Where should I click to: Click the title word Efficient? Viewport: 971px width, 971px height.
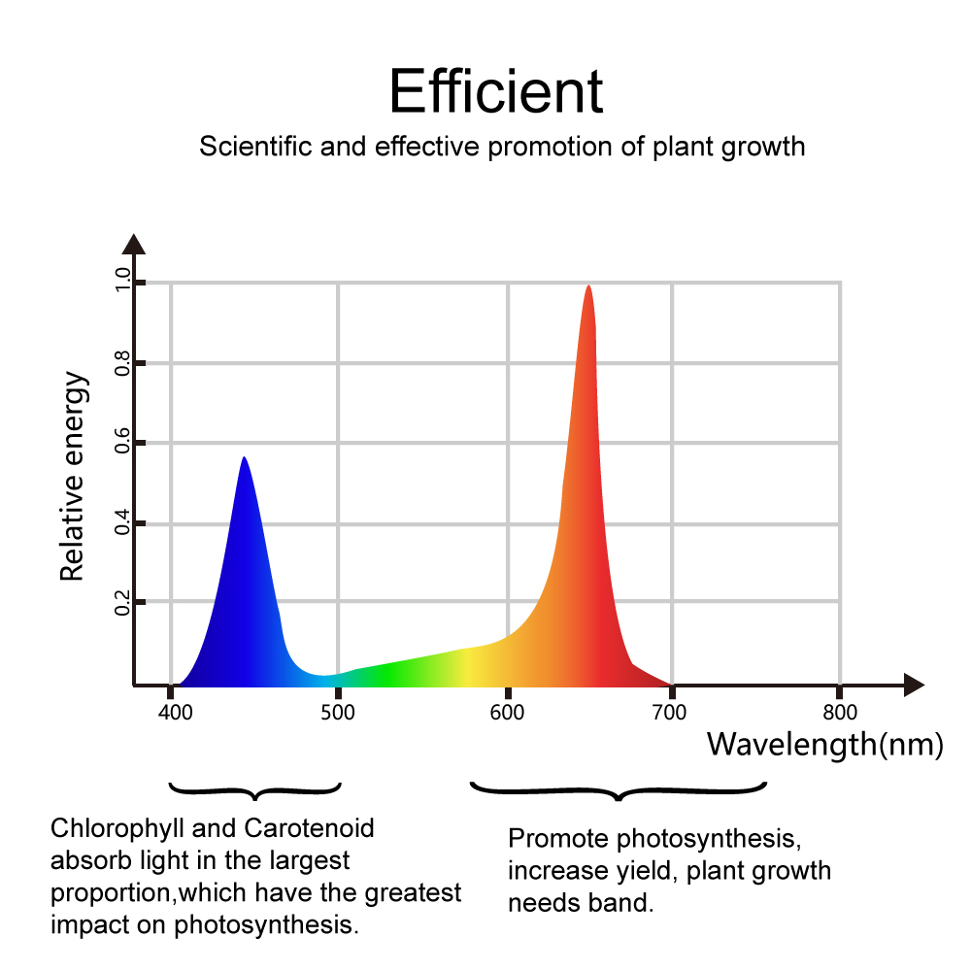pos(496,91)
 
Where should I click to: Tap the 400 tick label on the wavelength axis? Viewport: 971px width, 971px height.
pos(176,712)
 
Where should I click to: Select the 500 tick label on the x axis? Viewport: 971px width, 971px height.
pos(338,712)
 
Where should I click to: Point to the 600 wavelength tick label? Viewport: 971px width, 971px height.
pos(507,712)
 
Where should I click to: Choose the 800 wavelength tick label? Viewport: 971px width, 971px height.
pos(839,712)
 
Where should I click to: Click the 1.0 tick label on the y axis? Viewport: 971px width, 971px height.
pos(122,281)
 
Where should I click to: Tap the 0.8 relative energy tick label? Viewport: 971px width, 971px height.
pos(122,363)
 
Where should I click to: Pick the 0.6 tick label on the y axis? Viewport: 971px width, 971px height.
pos(122,444)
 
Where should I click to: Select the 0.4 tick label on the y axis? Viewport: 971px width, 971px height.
pos(122,524)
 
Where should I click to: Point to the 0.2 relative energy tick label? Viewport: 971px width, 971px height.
pos(122,602)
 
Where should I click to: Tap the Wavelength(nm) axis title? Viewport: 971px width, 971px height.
pos(824,745)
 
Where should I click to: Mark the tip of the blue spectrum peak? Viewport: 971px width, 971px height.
pos(245,457)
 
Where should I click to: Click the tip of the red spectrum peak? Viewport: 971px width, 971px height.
pos(587,286)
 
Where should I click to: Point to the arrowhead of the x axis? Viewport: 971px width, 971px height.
pos(914,685)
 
